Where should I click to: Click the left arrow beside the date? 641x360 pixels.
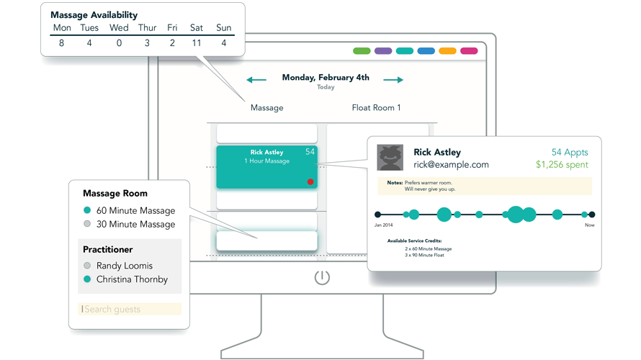click(256, 80)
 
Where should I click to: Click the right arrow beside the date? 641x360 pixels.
click(393, 80)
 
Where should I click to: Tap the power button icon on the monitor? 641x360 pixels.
click(322, 278)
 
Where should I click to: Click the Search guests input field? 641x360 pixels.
click(130, 310)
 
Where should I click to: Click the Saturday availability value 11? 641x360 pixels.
click(197, 43)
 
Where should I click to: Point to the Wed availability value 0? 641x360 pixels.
click(119, 43)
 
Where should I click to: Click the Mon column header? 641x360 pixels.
click(62, 27)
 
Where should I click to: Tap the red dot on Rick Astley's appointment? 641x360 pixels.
click(310, 182)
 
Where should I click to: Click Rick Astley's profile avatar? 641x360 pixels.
click(390, 158)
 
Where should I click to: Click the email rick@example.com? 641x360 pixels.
click(451, 165)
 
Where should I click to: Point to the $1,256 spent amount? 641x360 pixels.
click(562, 165)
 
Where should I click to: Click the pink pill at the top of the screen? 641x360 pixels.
click(469, 51)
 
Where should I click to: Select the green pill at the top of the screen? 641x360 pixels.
click(362, 51)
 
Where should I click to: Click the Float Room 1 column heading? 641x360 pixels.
click(376, 108)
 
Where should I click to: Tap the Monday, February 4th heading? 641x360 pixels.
click(326, 78)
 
